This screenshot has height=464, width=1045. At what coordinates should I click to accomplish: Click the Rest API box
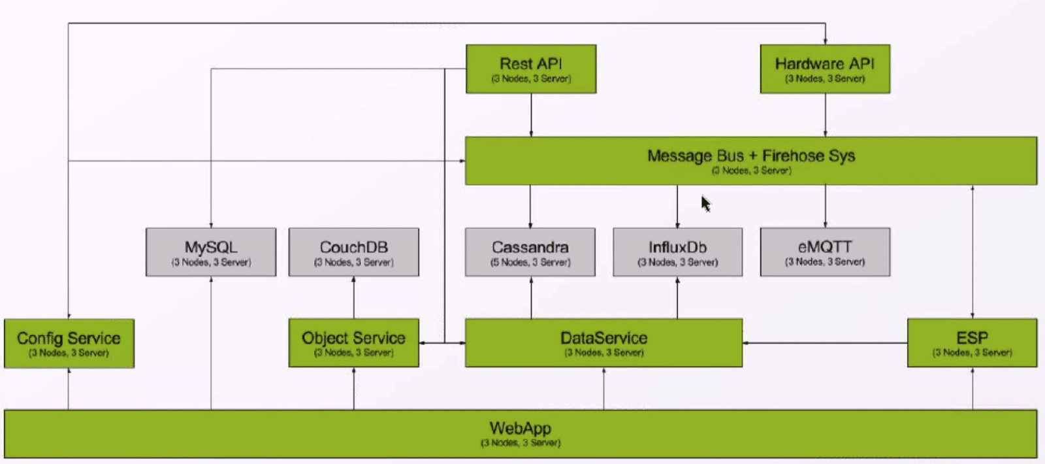point(530,69)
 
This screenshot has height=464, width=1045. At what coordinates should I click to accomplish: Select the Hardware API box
point(824,69)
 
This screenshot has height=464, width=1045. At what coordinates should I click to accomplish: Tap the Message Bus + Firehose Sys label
point(751,156)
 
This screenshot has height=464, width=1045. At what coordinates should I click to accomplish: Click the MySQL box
point(210,252)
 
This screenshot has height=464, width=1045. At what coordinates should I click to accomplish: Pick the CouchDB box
point(353,252)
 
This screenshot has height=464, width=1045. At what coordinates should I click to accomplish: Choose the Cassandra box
point(530,252)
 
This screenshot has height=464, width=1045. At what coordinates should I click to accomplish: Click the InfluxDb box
point(677,252)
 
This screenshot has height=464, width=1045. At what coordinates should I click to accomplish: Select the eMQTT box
point(824,252)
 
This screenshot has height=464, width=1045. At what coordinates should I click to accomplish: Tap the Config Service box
point(69,343)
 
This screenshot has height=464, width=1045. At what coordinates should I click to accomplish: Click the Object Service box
point(353,343)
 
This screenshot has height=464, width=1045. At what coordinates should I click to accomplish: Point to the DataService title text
point(603,338)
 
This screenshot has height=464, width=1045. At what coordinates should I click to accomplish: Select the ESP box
point(972,343)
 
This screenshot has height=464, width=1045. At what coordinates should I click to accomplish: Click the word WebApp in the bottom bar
point(520,429)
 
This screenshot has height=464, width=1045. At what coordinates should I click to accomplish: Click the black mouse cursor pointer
point(705,204)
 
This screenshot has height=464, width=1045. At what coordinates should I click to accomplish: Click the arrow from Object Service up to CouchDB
point(353,297)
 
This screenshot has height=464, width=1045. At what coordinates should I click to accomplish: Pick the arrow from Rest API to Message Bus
point(531,115)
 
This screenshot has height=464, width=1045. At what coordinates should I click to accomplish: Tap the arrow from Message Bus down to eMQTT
point(825,206)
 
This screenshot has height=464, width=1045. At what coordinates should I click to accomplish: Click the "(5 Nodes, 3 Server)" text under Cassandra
point(530,263)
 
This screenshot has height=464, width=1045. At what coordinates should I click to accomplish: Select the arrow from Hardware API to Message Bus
point(825,115)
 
